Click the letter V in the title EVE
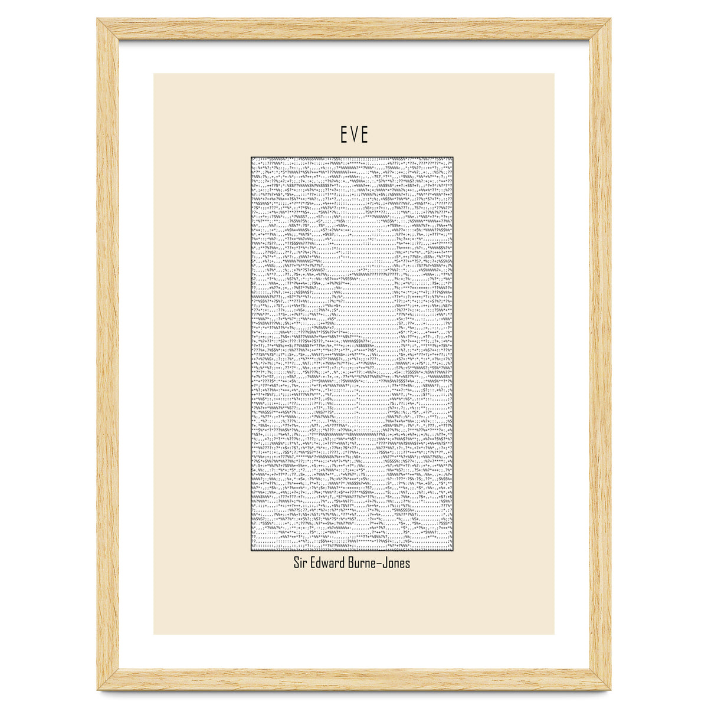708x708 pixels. coord(354,135)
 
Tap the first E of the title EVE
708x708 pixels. coord(343,135)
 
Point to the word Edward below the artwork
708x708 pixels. coord(331,563)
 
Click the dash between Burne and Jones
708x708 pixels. coord(383,563)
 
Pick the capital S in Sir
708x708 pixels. coord(297,563)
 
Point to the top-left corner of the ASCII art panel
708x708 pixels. coord(251,158)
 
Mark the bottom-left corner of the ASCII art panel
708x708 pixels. coord(251,550)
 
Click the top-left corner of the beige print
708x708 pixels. coord(154,74)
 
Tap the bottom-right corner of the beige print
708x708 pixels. coord(554,634)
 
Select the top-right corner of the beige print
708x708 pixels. coord(554,74)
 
